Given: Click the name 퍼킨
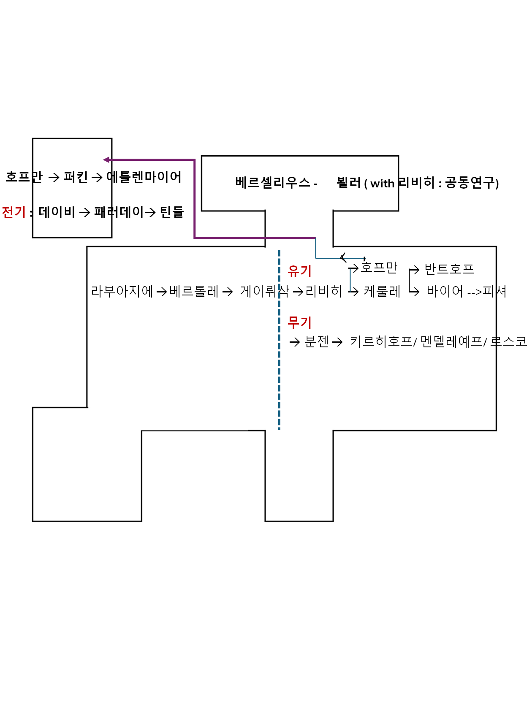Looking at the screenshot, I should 76,177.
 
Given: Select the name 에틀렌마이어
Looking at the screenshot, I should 144,177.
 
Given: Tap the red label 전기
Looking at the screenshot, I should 14,212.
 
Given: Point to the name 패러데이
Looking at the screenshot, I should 119,212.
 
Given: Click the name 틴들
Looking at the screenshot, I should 172,212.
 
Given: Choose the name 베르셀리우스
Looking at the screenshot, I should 273,183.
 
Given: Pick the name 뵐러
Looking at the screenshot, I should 349,183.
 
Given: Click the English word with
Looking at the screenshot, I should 382,184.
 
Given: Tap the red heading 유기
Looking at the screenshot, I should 299,271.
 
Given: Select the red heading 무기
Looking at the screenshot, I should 299,322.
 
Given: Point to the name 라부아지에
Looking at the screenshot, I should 122,291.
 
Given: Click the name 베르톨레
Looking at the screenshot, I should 194,291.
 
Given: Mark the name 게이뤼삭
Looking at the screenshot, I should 264,291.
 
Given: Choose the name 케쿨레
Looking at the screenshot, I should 382,291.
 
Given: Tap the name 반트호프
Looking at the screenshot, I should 449,269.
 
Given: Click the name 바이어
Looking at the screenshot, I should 445,291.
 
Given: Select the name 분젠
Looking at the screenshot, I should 317,341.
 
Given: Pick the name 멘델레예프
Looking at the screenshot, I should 451,341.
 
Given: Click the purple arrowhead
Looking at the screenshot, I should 106,160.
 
